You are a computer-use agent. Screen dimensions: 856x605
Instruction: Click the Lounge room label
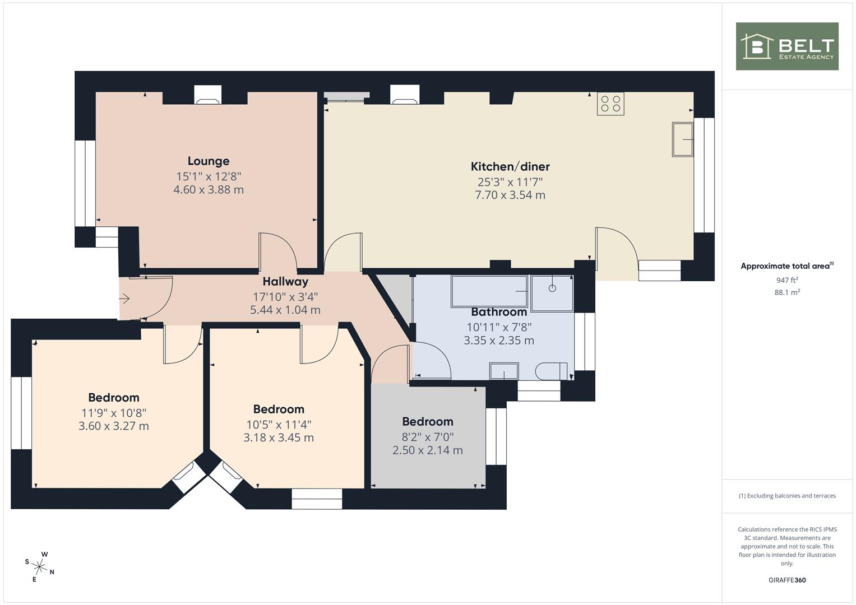coord(209,161)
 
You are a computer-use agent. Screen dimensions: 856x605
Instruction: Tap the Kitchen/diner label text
coord(510,166)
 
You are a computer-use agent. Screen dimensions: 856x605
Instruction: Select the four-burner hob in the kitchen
coord(610,104)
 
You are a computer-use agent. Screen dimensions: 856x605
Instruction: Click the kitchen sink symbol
coord(683,139)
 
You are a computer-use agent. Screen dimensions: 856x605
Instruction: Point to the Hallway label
coord(285,281)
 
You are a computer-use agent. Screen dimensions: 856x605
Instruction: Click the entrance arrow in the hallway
coord(124,298)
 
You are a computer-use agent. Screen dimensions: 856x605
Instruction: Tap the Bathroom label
coord(499,312)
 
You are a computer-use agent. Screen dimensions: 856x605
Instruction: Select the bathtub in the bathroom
coord(489,291)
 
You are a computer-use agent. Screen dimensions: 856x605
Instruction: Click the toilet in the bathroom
coord(552,371)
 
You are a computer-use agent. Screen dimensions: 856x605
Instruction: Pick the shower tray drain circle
coord(552,288)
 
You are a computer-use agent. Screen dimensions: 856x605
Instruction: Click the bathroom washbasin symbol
coord(504,371)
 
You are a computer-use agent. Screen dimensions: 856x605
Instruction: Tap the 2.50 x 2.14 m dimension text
coord(428,450)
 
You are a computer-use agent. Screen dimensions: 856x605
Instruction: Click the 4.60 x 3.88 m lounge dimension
coord(209,190)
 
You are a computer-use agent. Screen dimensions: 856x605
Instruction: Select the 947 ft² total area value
coord(787,280)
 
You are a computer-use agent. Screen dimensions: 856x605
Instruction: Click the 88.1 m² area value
coord(787,292)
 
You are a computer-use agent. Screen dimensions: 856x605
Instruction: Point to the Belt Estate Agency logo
coord(787,46)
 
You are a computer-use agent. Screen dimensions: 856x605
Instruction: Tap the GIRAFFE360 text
coord(787,580)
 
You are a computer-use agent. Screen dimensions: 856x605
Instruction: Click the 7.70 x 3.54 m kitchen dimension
coord(510,195)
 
